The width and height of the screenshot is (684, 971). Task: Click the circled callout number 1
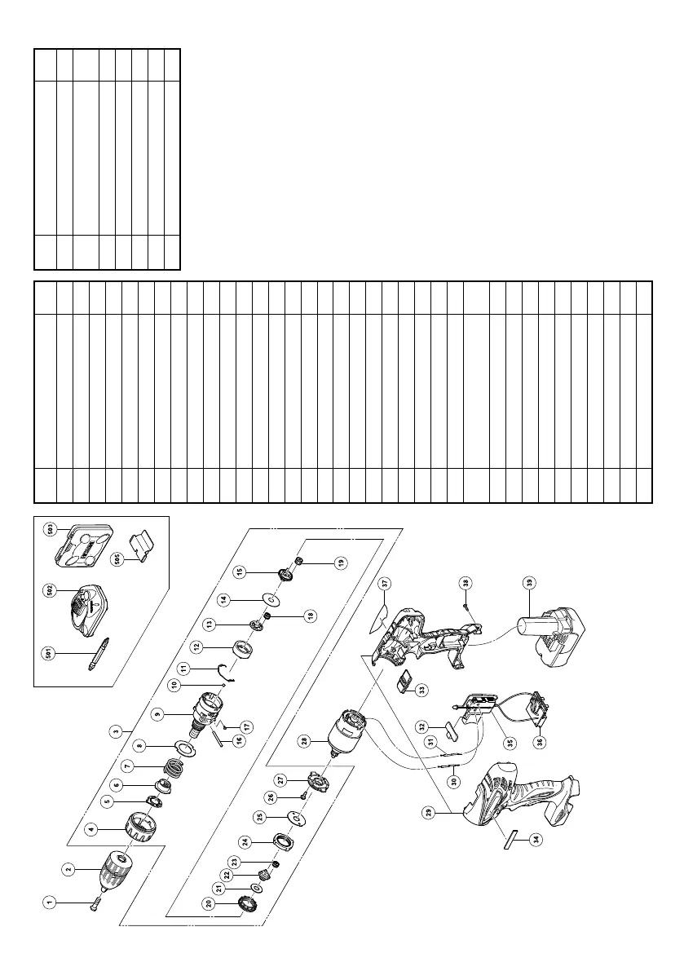tap(50, 901)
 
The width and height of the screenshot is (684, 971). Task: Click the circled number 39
tap(532, 581)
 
